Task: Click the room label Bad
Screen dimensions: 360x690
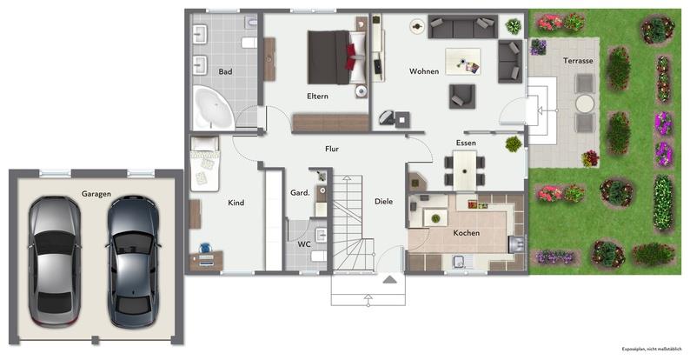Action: [226, 71]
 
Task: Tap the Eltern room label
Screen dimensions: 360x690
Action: [317, 96]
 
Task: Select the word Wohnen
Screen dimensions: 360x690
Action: [424, 71]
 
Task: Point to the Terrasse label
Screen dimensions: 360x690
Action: [578, 61]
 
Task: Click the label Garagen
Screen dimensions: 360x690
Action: [96, 194]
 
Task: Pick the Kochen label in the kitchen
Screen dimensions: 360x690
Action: [466, 234]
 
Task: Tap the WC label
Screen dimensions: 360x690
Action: [304, 243]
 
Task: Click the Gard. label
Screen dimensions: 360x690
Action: [301, 192]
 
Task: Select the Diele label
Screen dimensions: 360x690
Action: [383, 201]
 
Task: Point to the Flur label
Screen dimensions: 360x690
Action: [331, 149]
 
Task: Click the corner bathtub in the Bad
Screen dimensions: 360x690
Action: [211, 108]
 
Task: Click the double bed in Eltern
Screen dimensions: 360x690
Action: [333, 55]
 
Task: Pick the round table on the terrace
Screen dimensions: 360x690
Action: [585, 103]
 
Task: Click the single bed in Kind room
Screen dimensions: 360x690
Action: [205, 163]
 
